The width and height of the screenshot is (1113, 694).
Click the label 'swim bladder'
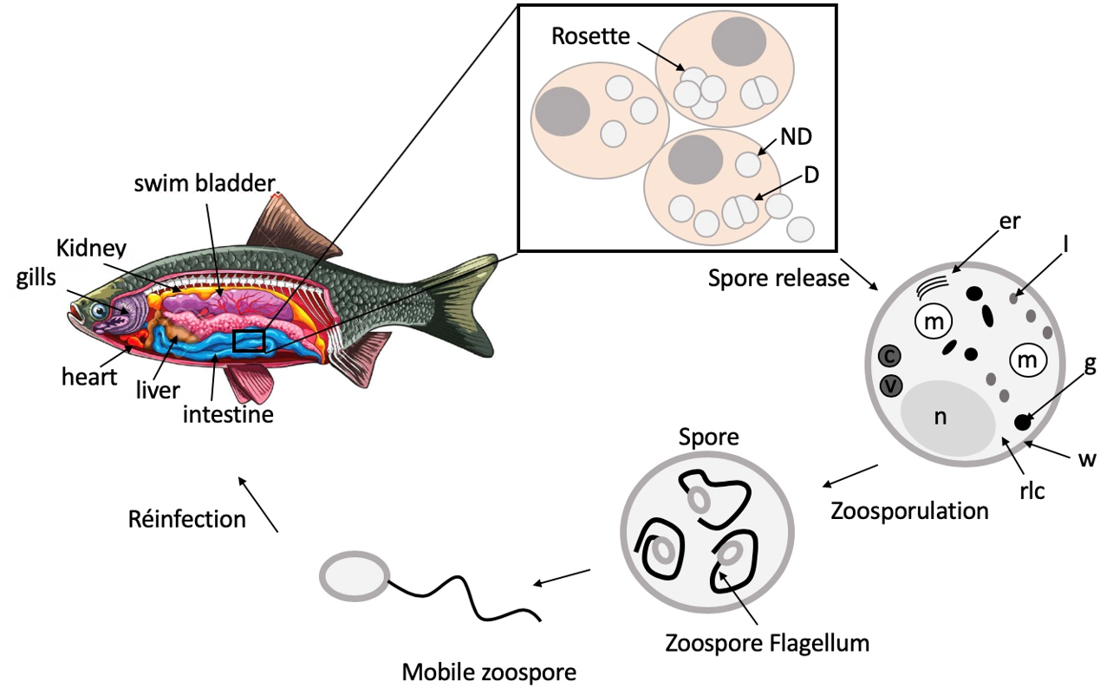coord(204,183)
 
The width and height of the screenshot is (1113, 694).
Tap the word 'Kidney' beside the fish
coord(92,249)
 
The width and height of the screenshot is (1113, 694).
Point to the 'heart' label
coord(89,378)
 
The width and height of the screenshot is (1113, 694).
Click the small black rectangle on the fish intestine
coord(248,341)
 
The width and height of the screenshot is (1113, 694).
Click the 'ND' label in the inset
coord(796,136)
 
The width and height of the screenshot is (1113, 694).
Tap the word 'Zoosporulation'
coord(909,510)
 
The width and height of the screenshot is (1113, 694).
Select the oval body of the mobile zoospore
coord(354,576)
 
